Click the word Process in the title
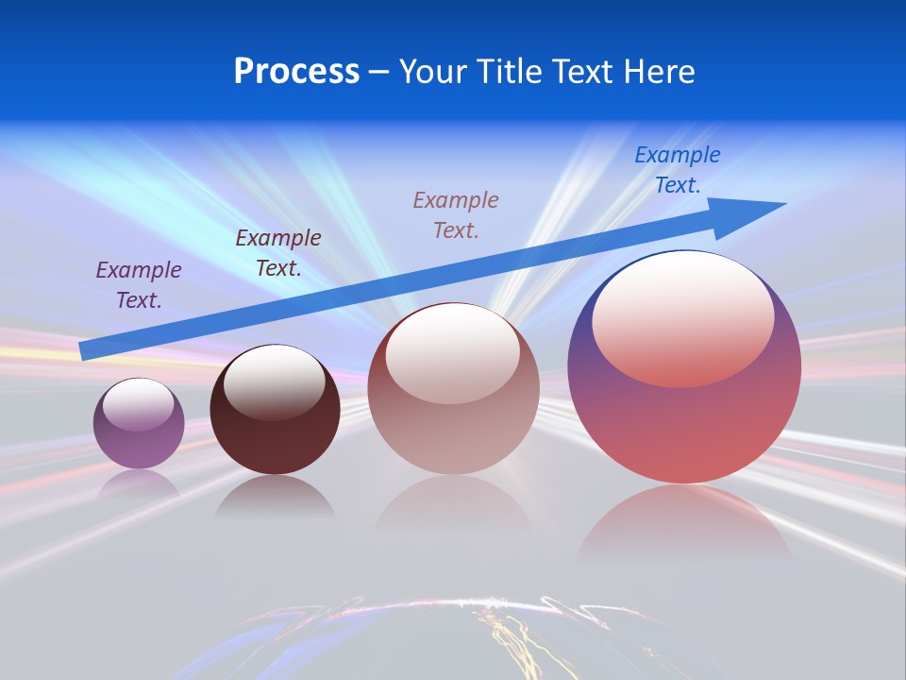point(296,72)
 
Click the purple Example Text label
point(139,284)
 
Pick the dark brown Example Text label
point(278,252)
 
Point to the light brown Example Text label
point(456,214)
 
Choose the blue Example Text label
point(678,170)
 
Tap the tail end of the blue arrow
point(83,351)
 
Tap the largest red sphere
point(684,425)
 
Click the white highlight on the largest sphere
point(682,316)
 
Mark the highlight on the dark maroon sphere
point(274,381)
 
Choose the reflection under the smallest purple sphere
point(139,484)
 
